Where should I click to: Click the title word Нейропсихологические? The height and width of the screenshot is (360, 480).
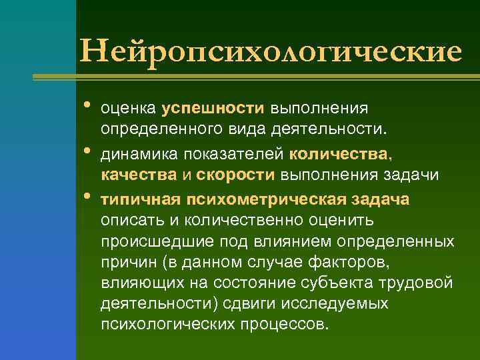(270, 51)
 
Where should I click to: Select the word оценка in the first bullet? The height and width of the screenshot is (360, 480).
(129, 108)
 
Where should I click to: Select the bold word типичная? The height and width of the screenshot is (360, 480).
(142, 199)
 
